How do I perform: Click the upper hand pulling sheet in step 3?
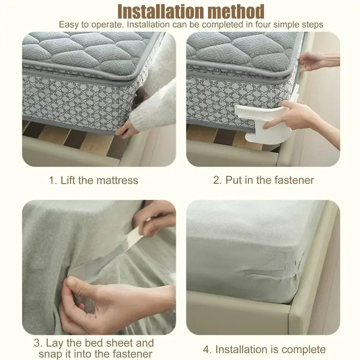[155, 216]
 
